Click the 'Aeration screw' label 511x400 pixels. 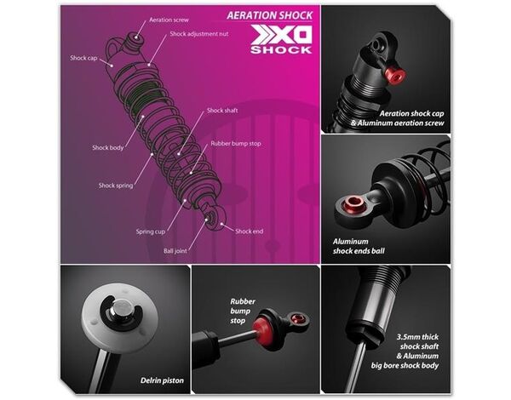click(x=169, y=20)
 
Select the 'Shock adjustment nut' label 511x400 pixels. click(x=198, y=34)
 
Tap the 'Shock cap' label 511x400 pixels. click(x=83, y=58)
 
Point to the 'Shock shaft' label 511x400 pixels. click(x=222, y=111)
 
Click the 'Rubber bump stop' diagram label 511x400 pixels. click(x=236, y=144)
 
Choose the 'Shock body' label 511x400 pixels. click(x=108, y=147)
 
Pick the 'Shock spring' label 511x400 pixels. click(x=116, y=186)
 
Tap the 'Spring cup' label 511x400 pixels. click(x=151, y=231)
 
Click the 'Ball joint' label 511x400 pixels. click(x=175, y=251)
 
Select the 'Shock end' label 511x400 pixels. click(x=249, y=231)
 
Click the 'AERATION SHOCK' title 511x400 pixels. click(x=269, y=15)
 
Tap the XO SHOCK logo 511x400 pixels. click(x=281, y=40)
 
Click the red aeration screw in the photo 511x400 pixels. click(x=395, y=75)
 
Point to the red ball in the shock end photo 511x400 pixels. click(x=354, y=203)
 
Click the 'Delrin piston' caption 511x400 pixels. click(x=162, y=380)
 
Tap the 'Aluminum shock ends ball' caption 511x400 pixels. click(x=359, y=246)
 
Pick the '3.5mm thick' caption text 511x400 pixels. click(x=417, y=337)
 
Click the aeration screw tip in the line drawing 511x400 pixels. click(x=135, y=37)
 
